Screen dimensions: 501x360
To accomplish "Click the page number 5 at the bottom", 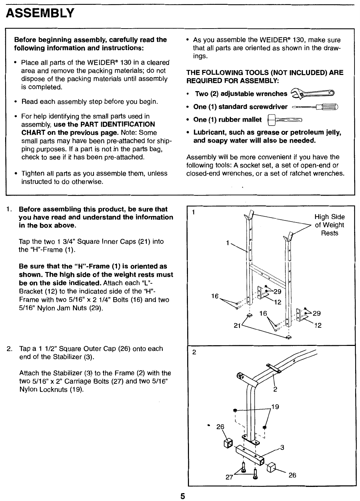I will pos(183,496).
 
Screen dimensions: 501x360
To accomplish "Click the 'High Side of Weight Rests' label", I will pos(329,225).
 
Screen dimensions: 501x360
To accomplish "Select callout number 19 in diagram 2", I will pos(275,407).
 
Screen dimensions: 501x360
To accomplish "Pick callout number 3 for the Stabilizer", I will pos(282,447).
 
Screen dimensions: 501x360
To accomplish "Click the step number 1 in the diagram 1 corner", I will pos(194,211).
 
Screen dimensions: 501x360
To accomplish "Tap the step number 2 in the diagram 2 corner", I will pos(194,352).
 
